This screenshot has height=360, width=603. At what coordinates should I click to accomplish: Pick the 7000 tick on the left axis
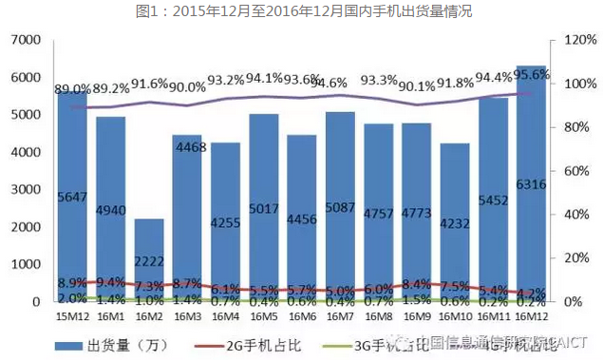click(x=27, y=40)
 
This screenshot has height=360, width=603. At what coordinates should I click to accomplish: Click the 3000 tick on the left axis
click(x=27, y=189)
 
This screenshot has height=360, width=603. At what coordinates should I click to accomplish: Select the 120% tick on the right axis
click(x=577, y=40)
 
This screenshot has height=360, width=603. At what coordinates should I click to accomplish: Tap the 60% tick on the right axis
click(x=574, y=171)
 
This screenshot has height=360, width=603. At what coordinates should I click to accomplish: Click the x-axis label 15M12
click(x=72, y=315)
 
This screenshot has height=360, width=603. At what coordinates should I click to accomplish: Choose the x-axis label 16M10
click(x=454, y=315)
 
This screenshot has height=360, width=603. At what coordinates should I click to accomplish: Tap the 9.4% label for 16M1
click(x=110, y=282)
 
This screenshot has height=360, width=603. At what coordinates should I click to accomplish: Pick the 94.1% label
click(x=263, y=78)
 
